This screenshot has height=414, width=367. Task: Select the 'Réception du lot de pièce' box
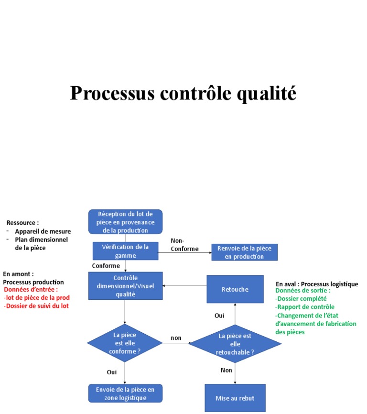click(125, 222)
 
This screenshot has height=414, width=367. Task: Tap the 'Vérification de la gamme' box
click(125, 251)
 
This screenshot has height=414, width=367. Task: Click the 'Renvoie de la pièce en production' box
click(244, 252)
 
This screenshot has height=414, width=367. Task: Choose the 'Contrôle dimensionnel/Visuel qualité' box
click(125, 286)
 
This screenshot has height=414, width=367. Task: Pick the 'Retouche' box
click(235, 289)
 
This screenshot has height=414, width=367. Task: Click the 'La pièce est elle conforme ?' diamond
click(125, 343)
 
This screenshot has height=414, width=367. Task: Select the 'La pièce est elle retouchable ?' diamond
click(235, 344)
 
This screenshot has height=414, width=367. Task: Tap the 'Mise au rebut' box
click(235, 398)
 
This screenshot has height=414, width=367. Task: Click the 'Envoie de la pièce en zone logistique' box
click(125, 393)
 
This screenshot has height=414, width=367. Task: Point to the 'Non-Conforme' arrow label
click(184, 245)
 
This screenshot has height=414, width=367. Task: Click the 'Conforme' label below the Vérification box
click(106, 266)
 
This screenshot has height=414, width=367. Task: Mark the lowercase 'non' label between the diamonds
click(176, 338)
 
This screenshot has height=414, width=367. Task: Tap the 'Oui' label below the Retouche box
click(219, 316)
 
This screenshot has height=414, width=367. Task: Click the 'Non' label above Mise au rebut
click(227, 370)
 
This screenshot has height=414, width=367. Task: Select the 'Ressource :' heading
click(22, 223)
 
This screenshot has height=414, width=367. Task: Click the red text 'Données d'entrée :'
click(31, 290)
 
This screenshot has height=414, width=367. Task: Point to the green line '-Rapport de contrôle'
click(305, 307)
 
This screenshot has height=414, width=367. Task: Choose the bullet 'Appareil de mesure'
click(43, 231)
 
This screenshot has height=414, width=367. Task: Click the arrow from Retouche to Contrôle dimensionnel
click(184, 286)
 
